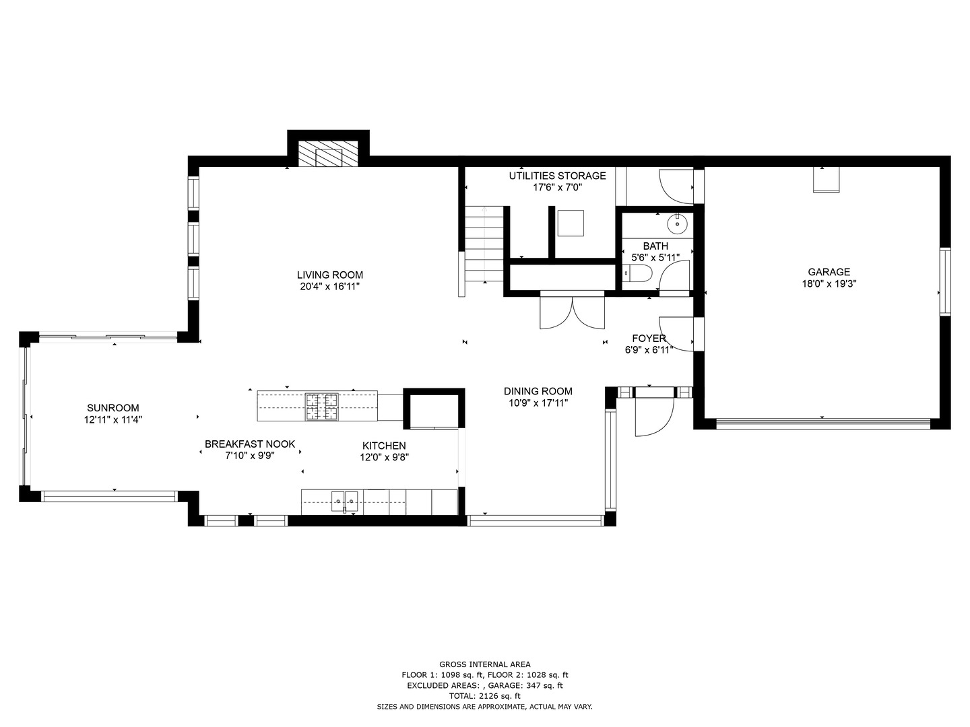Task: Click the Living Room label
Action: coord(330,275)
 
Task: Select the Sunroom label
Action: coord(112,408)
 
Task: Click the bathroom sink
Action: coord(676,223)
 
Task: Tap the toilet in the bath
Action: coord(637,273)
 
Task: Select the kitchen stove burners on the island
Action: coord(321,407)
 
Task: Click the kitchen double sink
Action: coord(344,499)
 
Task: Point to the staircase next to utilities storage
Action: coord(484,244)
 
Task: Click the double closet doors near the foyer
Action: coord(573,311)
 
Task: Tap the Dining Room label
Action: coord(538,391)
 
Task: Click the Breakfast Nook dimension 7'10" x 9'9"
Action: coord(250,456)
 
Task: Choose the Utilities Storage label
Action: coord(557,176)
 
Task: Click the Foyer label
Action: coord(649,338)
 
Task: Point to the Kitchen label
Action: coord(384,446)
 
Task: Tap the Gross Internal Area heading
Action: coord(484,664)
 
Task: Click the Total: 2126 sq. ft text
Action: coord(484,696)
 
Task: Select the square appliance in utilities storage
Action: coord(571,223)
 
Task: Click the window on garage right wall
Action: coord(945,281)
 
